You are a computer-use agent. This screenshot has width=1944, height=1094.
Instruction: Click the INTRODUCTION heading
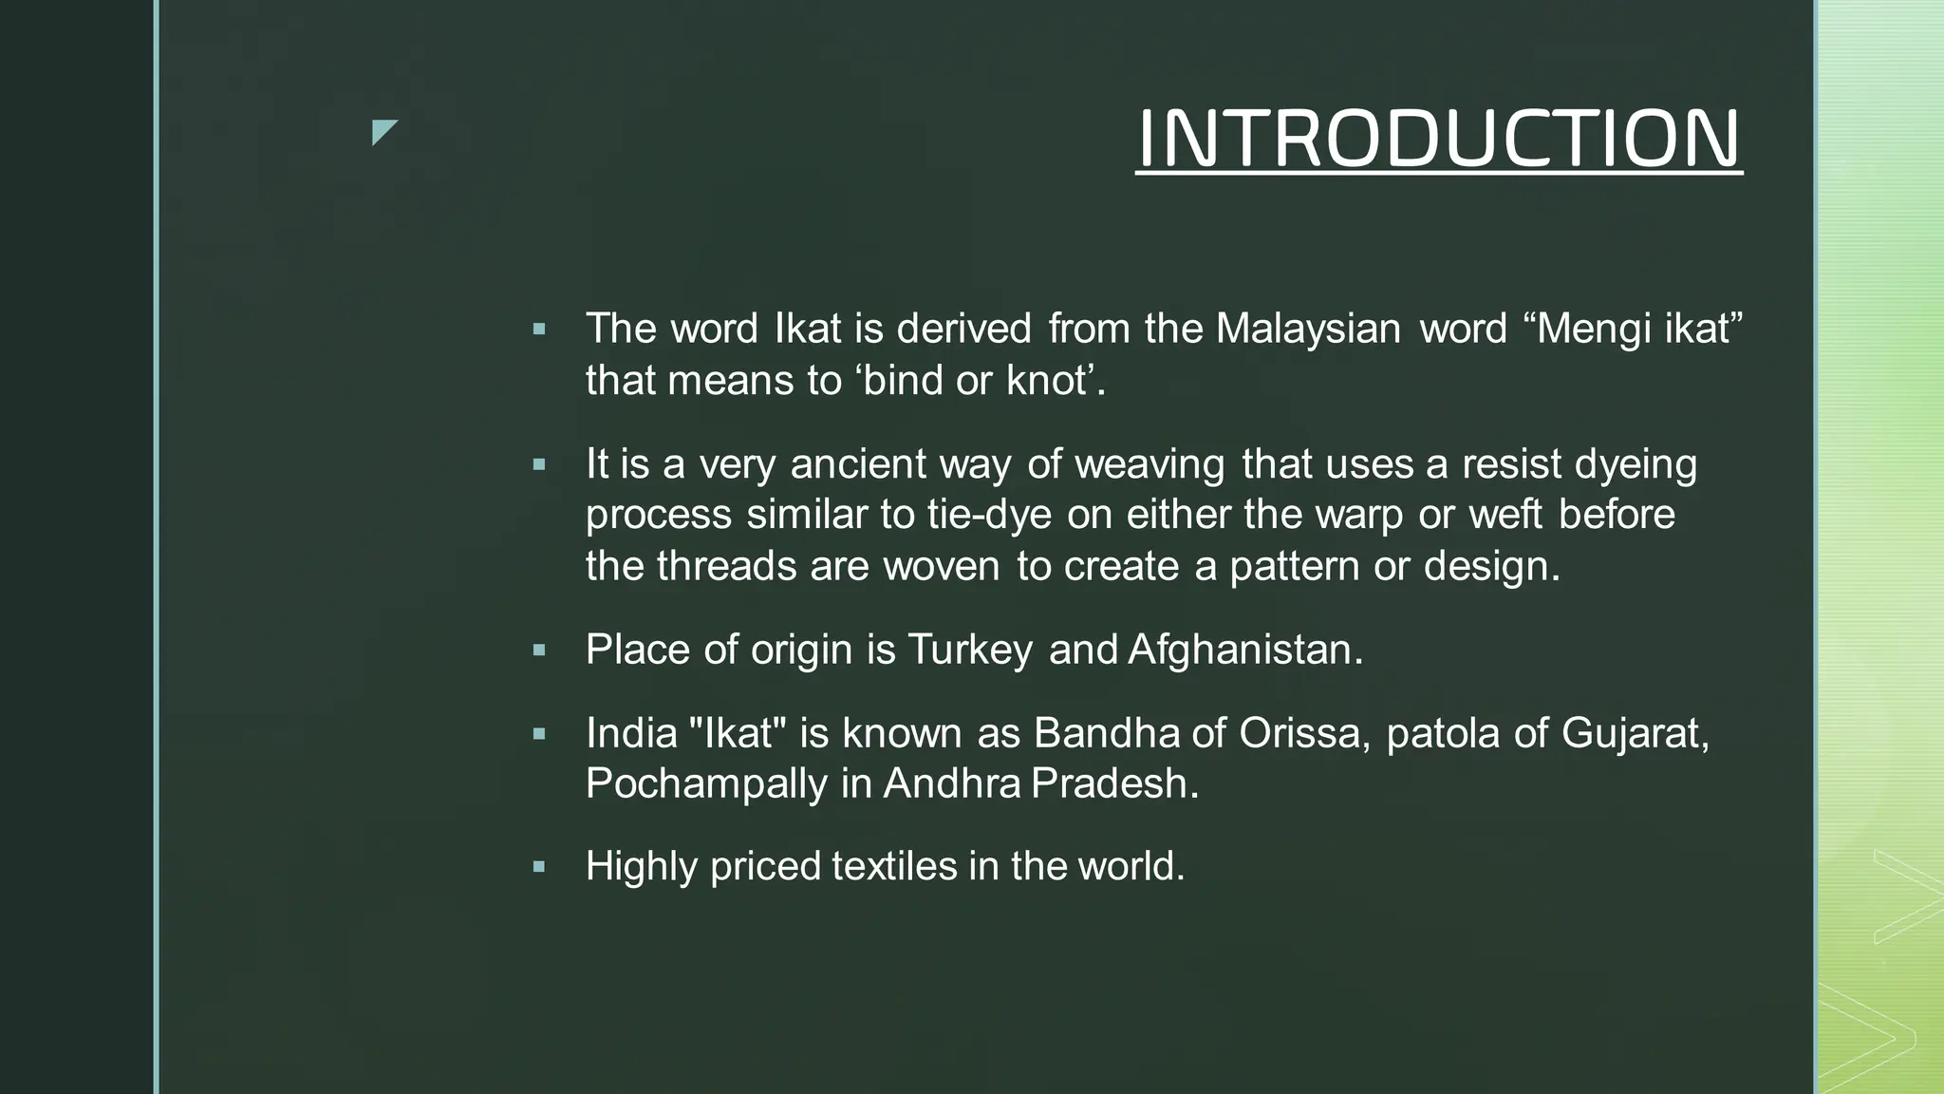click(1438, 139)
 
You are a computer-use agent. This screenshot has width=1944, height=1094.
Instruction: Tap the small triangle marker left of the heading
click(383, 132)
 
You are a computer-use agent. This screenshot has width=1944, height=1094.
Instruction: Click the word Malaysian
click(1308, 329)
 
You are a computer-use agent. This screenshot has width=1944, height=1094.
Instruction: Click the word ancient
click(857, 464)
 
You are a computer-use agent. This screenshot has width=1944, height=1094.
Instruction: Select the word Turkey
click(970, 651)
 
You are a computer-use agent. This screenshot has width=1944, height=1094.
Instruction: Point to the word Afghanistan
click(1244, 651)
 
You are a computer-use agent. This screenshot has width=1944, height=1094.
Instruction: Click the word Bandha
click(1106, 733)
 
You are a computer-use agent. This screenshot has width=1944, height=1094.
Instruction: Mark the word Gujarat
click(1634, 733)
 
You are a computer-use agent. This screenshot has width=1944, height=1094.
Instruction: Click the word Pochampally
click(706, 784)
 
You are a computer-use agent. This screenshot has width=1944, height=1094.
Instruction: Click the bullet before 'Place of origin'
click(539, 651)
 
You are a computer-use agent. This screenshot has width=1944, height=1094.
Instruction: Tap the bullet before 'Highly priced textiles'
click(539, 866)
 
